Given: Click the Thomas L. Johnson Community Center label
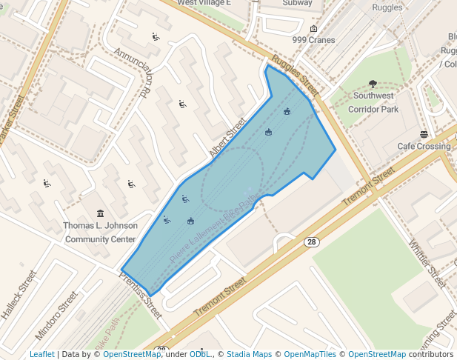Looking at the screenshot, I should (100, 233).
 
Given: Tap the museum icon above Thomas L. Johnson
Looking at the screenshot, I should (100, 213).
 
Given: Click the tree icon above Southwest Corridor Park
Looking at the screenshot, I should (373, 84).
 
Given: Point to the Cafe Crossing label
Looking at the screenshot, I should (424, 146).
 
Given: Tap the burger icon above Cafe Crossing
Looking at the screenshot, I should (424, 134).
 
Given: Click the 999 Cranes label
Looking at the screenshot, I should (313, 40).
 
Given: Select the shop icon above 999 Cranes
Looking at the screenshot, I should (313, 29).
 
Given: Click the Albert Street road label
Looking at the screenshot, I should (227, 138).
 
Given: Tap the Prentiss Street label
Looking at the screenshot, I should (141, 294).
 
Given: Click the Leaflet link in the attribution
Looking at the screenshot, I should (41, 354).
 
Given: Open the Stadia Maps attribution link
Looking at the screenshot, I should (249, 354).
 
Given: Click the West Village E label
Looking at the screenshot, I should (204, 3).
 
